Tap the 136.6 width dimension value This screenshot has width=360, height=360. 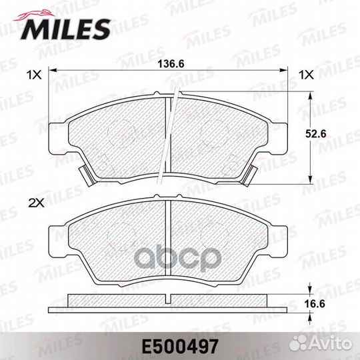click(x=171, y=65)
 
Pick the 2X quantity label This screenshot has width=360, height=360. click(x=35, y=201)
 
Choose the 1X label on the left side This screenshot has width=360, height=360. click(x=34, y=75)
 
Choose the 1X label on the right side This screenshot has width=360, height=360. click(x=306, y=75)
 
